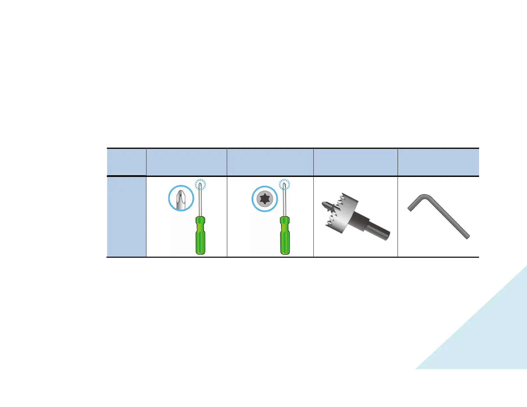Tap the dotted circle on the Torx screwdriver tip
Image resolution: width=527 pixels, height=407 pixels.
click(284, 185)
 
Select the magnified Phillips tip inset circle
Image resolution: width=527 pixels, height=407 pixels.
click(181, 198)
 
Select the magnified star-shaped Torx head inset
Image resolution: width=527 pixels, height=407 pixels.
click(264, 199)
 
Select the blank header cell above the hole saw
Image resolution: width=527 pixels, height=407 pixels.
click(355, 162)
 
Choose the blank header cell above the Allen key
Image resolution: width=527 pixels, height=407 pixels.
click(438, 162)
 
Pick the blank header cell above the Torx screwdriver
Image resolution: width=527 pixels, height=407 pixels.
click(270, 162)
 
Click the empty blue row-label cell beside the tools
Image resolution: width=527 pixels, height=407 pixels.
click(126, 216)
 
